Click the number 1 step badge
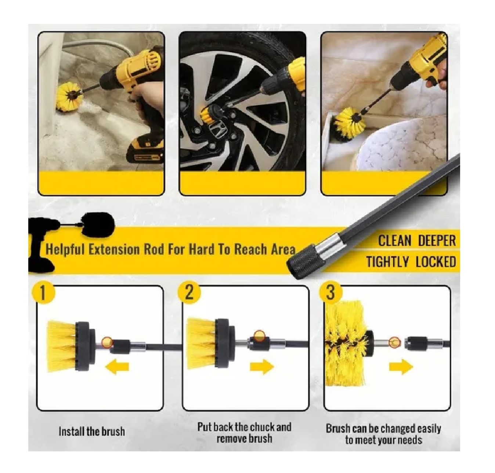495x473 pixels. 43,293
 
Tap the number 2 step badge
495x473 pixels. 189,293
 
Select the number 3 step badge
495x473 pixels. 330,293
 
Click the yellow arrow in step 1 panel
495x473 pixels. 117,367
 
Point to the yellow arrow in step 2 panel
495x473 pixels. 262,367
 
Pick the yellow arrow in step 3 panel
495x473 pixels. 401,367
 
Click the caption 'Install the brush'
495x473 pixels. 92,431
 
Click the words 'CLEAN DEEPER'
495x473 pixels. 417,241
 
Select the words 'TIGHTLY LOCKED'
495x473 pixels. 411,262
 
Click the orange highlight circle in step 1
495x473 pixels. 108,342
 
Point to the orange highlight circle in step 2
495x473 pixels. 259,336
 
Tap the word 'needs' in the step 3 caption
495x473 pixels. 411,440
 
